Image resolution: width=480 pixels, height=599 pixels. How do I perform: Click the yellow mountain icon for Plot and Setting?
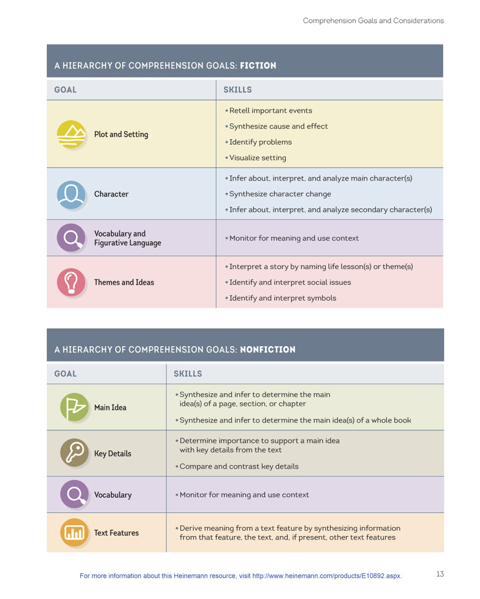(71, 134)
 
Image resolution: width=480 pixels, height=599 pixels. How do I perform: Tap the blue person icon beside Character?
(71, 194)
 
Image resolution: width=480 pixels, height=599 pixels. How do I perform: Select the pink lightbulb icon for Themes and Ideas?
(71, 282)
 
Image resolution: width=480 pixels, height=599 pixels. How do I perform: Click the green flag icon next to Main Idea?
(74, 407)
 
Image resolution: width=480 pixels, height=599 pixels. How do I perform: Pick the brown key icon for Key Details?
(74, 453)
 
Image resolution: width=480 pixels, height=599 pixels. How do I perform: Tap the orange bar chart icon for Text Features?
(74, 532)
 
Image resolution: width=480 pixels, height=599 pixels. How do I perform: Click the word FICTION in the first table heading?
(258, 66)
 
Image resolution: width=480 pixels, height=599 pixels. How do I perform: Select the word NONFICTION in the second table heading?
(268, 350)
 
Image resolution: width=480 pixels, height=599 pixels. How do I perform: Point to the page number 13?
(440, 574)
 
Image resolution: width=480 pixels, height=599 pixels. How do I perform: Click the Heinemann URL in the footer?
(326, 576)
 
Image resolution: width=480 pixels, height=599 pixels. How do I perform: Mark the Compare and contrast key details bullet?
(238, 466)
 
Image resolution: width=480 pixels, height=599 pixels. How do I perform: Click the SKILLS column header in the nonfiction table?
(188, 374)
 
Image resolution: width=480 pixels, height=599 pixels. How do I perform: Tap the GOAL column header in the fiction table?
(65, 90)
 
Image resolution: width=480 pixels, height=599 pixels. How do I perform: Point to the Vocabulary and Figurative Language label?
(127, 238)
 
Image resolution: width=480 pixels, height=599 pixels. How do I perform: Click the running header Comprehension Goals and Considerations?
(373, 21)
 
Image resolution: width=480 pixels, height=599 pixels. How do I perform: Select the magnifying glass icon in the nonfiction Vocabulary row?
(74, 494)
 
